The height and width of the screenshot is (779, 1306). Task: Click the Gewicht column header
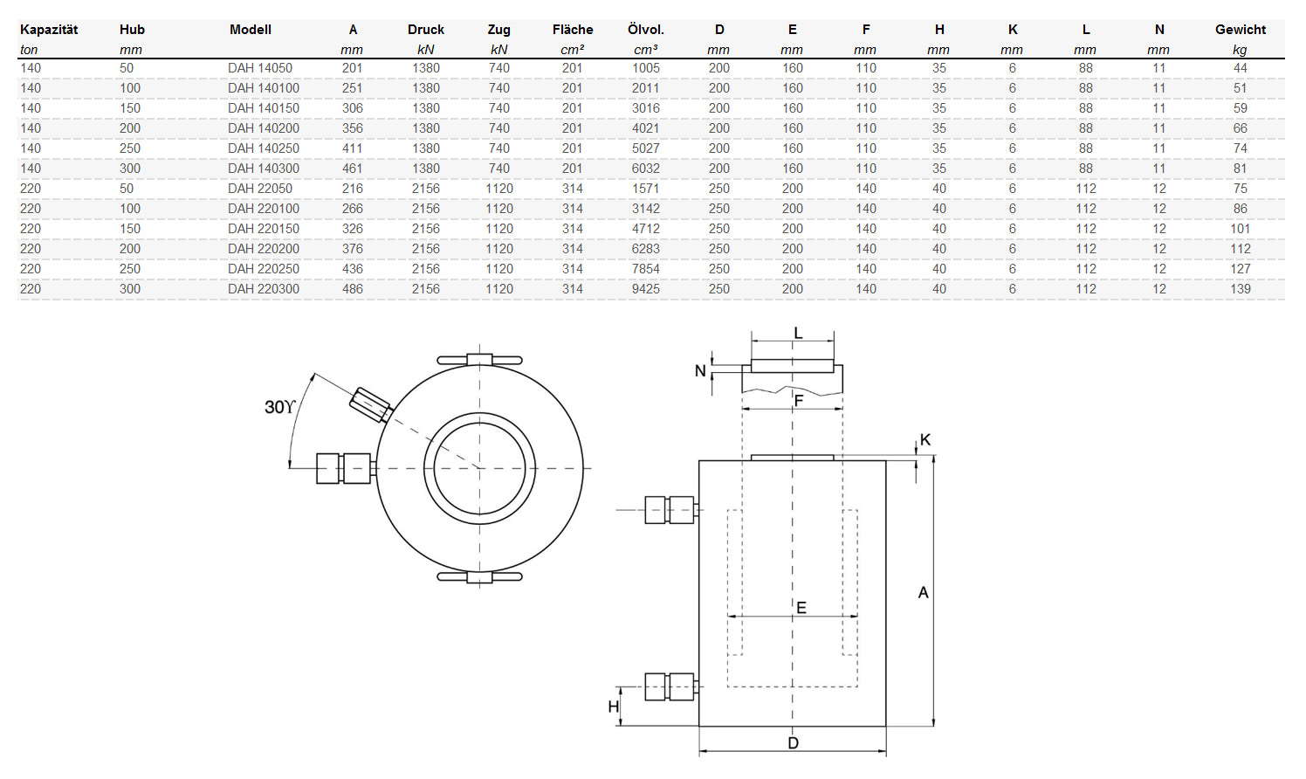[x=1240, y=30]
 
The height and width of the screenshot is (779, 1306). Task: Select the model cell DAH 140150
[x=264, y=108]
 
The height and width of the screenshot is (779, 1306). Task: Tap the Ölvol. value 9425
[x=646, y=289]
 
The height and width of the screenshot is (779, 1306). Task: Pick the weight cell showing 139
[x=1240, y=289]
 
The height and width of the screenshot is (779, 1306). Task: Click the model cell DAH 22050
[x=260, y=189]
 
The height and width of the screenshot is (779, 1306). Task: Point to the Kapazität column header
[x=49, y=30]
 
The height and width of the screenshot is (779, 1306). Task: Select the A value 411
[x=353, y=148]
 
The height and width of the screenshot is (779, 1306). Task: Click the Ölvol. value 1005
[x=646, y=68]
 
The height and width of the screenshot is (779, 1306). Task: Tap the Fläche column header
[x=573, y=30]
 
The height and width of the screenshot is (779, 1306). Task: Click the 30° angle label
[x=279, y=407]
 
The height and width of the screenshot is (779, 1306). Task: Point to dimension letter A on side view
[x=924, y=593]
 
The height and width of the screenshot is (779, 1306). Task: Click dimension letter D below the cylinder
[x=793, y=743]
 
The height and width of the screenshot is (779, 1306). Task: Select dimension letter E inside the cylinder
[x=801, y=608]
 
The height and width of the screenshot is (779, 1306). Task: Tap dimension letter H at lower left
[x=614, y=707]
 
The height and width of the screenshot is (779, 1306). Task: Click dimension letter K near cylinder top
[x=925, y=440]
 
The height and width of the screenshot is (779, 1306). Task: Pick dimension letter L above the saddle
[x=798, y=334]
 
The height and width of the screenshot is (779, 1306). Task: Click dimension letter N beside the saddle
[x=700, y=371]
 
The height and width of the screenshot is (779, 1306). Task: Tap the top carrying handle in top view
[x=479, y=360]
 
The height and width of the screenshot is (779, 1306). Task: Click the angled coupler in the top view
[x=369, y=403]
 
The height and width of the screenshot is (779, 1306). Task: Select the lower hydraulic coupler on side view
[x=670, y=686]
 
